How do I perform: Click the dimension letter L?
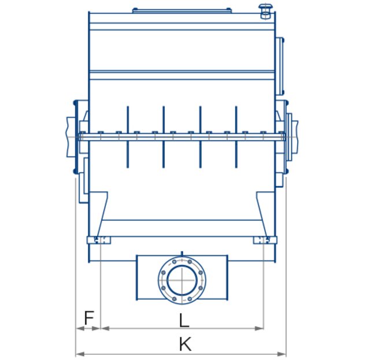184,320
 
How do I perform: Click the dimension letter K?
185,345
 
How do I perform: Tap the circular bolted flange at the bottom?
182,280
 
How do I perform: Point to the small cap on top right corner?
267,9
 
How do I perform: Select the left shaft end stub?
71,136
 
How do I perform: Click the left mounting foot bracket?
99,240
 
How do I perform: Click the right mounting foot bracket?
263,240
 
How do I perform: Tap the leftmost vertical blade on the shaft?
127,136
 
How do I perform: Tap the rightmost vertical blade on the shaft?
236,136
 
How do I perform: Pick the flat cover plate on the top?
182,10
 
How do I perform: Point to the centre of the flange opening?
182,280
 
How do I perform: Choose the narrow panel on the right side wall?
282,66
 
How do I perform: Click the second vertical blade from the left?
164,136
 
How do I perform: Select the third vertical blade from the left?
200,136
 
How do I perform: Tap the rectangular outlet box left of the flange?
147,277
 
